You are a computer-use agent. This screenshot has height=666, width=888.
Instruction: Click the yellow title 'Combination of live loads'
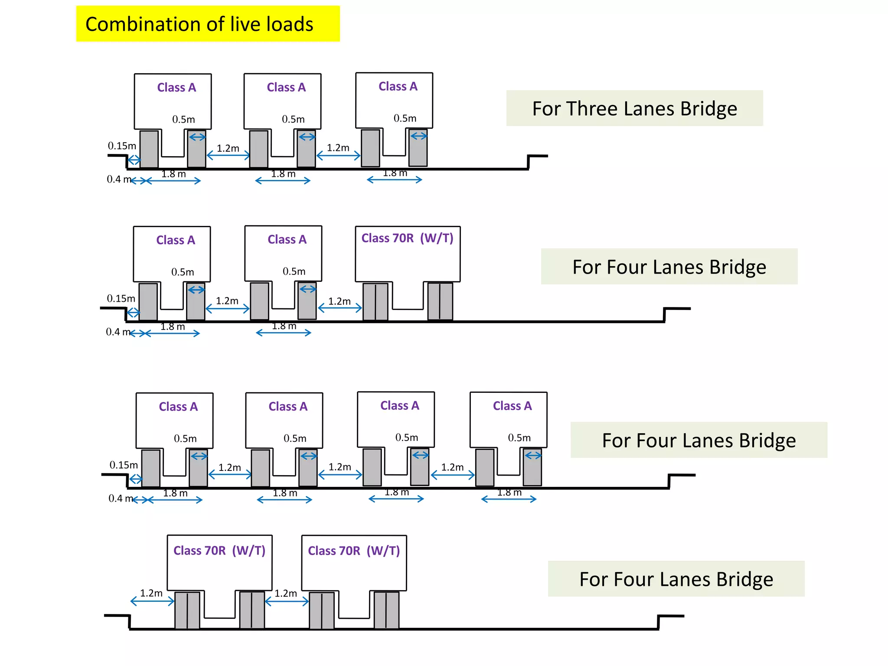point(199,24)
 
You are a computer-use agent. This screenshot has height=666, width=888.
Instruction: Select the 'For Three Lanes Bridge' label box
point(634,108)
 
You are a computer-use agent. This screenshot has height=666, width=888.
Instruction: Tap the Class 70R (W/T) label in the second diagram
point(407,238)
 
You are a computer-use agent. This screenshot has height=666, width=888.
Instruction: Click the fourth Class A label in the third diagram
point(512,406)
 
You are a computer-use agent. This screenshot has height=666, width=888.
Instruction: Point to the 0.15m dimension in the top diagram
point(122,146)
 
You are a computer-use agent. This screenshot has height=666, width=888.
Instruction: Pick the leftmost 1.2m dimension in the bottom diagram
point(151,593)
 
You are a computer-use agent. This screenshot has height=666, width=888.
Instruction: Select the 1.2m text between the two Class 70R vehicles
point(286,593)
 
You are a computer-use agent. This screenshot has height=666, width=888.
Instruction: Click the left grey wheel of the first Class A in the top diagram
point(149,149)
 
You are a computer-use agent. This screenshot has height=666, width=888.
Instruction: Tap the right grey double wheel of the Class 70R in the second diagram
point(440,301)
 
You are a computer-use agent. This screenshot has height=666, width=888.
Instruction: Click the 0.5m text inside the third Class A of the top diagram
point(405,118)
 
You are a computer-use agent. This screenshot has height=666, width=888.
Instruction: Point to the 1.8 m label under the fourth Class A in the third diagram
point(509,493)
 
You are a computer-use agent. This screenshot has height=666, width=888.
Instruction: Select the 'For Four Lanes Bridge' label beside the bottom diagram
point(676,579)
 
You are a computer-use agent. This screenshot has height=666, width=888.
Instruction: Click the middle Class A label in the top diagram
point(286,87)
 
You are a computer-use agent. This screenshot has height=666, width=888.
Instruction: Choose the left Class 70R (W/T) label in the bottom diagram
point(219,551)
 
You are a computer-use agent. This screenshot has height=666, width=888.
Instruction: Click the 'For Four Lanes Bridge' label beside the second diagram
point(669,267)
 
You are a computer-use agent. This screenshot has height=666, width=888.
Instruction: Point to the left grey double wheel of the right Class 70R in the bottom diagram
point(322,610)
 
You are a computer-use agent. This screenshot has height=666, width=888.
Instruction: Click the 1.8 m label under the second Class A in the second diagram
point(284,326)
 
